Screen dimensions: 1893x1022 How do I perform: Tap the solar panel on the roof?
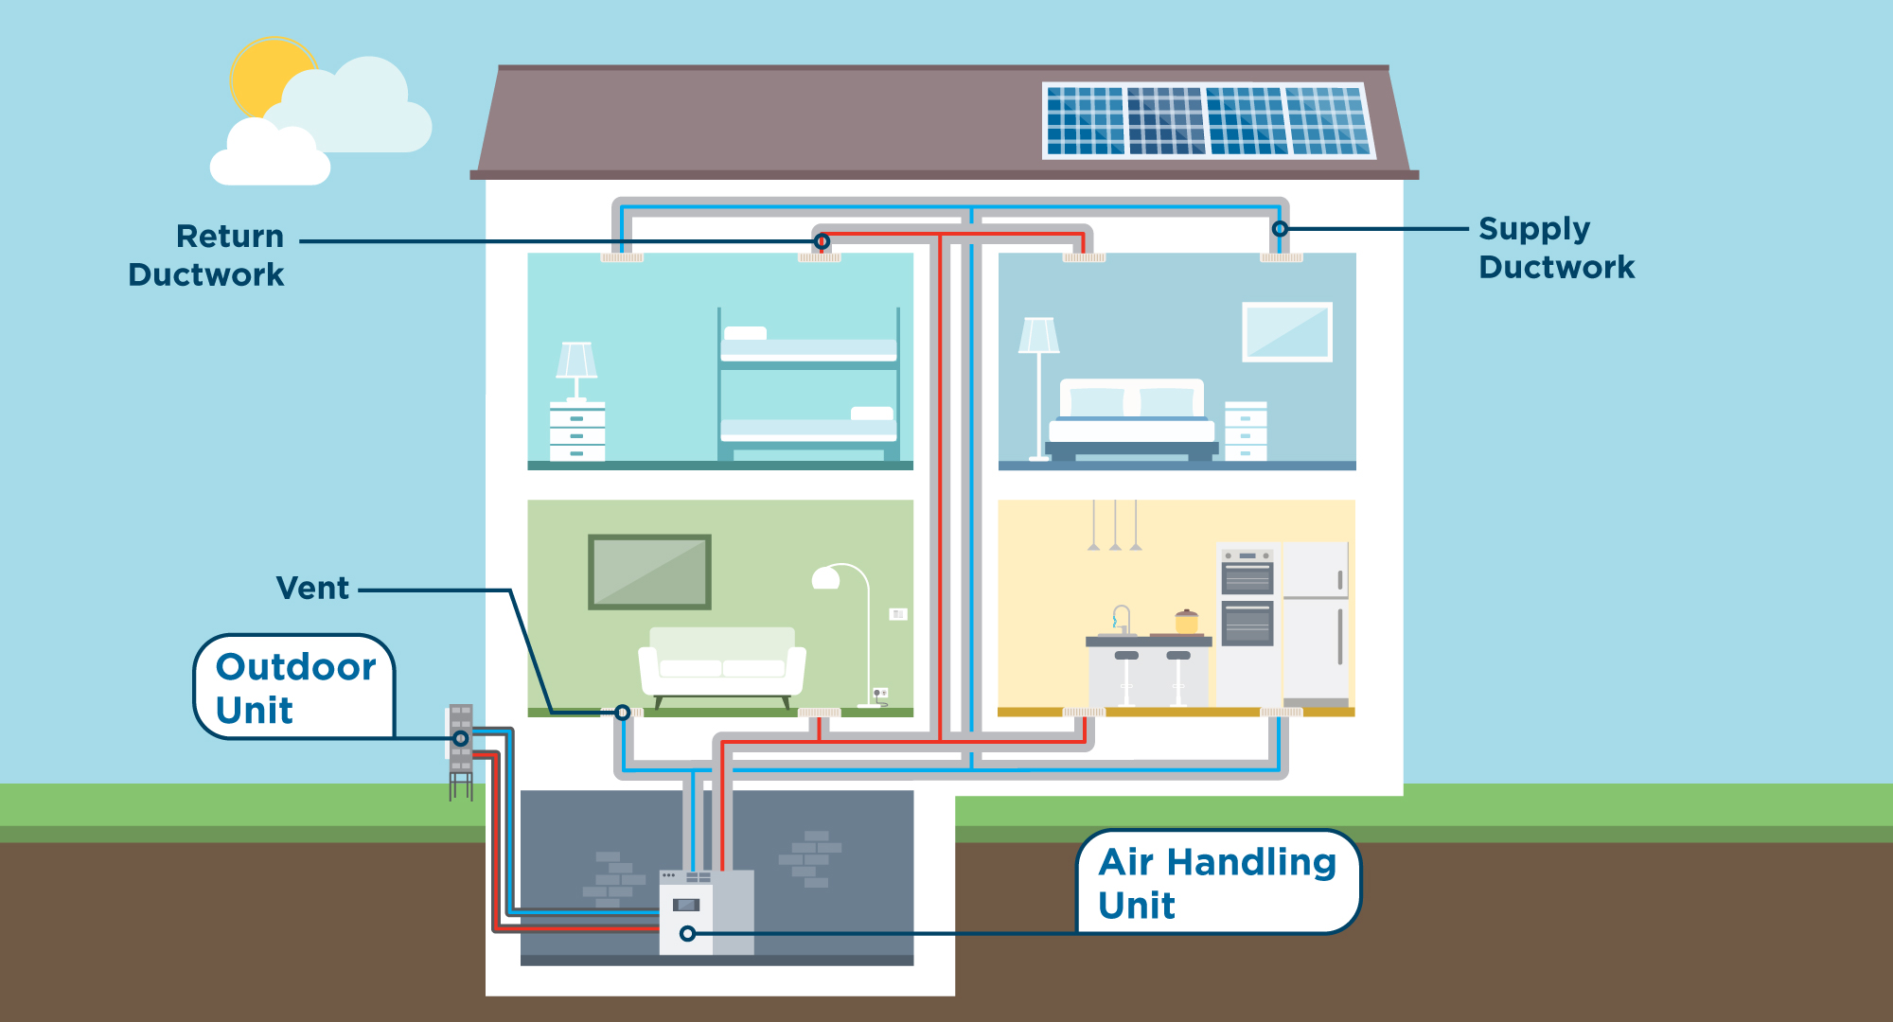1208,120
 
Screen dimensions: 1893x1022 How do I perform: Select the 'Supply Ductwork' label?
1556,248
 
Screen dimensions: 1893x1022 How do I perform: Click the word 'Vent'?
312,588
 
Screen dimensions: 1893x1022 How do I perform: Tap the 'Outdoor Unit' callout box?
294,687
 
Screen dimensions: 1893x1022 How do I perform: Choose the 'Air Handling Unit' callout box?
1217,882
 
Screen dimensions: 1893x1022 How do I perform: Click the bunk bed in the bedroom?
808,388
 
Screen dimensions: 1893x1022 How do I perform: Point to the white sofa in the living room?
722,662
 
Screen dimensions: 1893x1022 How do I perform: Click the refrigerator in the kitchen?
1316,620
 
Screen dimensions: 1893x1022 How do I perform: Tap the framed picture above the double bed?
1287,331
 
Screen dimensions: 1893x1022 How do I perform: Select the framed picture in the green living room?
649,572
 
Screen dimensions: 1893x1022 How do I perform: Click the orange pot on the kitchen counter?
1186,622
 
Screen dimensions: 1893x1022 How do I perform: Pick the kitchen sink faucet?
1121,618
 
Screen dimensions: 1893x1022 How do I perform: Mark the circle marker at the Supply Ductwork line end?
1280,229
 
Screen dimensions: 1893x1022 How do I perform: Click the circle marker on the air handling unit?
688,934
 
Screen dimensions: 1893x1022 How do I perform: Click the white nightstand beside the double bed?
1246,431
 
